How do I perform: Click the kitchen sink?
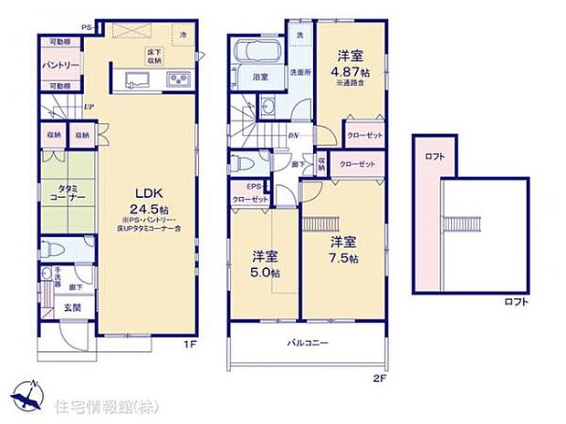tap(137, 81)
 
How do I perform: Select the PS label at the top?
tap(87, 28)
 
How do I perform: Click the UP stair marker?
tap(88, 106)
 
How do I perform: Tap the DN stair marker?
tap(292, 137)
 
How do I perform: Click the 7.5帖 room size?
tap(342, 257)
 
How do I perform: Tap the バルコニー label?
tap(310, 343)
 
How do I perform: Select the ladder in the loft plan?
tap(462, 223)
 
